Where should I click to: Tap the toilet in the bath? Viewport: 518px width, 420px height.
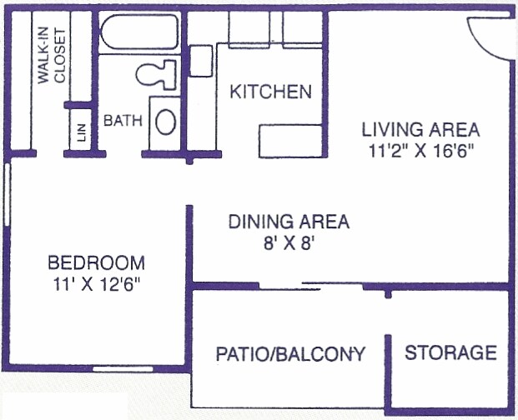coord(156,74)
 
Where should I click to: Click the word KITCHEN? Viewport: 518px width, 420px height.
coord(271,92)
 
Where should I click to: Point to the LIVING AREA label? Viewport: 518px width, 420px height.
coord(420,130)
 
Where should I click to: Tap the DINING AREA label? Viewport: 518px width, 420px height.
coord(289,222)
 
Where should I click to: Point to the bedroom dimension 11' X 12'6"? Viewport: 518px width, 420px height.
coord(95,283)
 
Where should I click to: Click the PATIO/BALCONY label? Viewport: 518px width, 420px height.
coord(290,353)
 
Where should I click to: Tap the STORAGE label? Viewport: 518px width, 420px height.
coord(450,352)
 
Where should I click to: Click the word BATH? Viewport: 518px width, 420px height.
coord(123,121)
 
